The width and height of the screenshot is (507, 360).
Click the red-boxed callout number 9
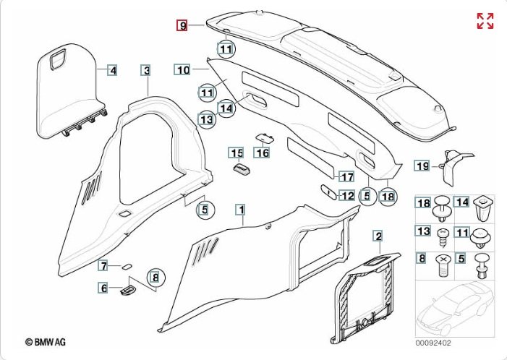point(183,25)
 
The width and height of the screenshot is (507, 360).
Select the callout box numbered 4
point(112,70)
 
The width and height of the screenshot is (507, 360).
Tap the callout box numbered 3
point(146,70)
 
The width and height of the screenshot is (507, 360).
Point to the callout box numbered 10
point(182,70)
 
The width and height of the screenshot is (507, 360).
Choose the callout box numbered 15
point(236,153)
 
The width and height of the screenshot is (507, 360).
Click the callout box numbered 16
point(261,153)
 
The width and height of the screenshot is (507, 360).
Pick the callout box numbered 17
point(346,176)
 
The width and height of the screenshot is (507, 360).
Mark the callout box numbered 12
point(346,195)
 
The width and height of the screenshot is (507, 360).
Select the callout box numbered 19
point(422,166)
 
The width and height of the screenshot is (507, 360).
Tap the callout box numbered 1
point(240,209)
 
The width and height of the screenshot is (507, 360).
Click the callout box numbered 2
point(377,236)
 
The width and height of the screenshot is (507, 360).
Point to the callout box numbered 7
point(104,265)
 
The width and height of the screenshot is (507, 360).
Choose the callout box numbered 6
point(104,288)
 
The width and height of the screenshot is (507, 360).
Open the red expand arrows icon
point(485,21)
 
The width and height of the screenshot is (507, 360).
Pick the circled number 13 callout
point(207,119)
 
